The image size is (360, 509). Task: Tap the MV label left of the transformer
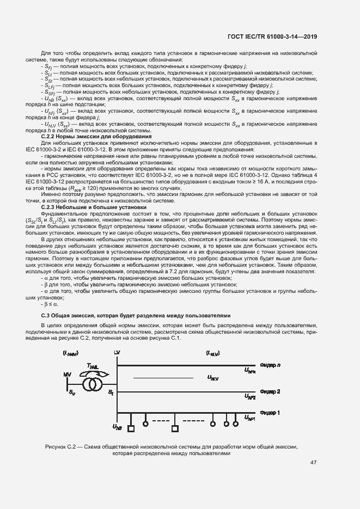(x=67, y=375)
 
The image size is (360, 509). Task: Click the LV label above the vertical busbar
(x=117, y=354)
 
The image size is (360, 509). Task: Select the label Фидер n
(x=270, y=365)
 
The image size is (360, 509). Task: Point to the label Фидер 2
(x=270, y=391)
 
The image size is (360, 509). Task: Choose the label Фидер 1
(x=270, y=413)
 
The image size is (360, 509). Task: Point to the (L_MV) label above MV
(x=70, y=354)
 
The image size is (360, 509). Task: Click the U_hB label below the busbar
(x=117, y=427)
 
